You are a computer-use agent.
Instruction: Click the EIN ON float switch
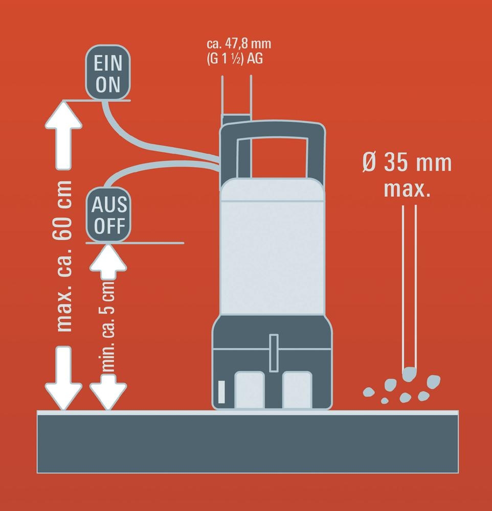[108, 73]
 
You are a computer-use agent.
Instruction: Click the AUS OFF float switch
[108, 215]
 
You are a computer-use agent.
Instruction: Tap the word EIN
[108, 63]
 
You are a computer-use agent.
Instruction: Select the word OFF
[109, 225]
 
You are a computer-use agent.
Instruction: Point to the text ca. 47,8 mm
[239, 43]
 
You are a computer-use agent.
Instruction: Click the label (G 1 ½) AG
[235, 59]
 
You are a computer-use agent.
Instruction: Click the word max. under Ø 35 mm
[407, 189]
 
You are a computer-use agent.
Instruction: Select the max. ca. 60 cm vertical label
[64, 256]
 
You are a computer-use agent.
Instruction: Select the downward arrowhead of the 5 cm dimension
[108, 392]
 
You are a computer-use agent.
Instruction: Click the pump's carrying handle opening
[273, 158]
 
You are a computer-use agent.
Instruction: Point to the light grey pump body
[273, 246]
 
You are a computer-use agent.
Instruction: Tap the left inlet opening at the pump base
[249, 390]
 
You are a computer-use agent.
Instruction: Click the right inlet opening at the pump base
[297, 390]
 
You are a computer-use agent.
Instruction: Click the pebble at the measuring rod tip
[409, 374]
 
